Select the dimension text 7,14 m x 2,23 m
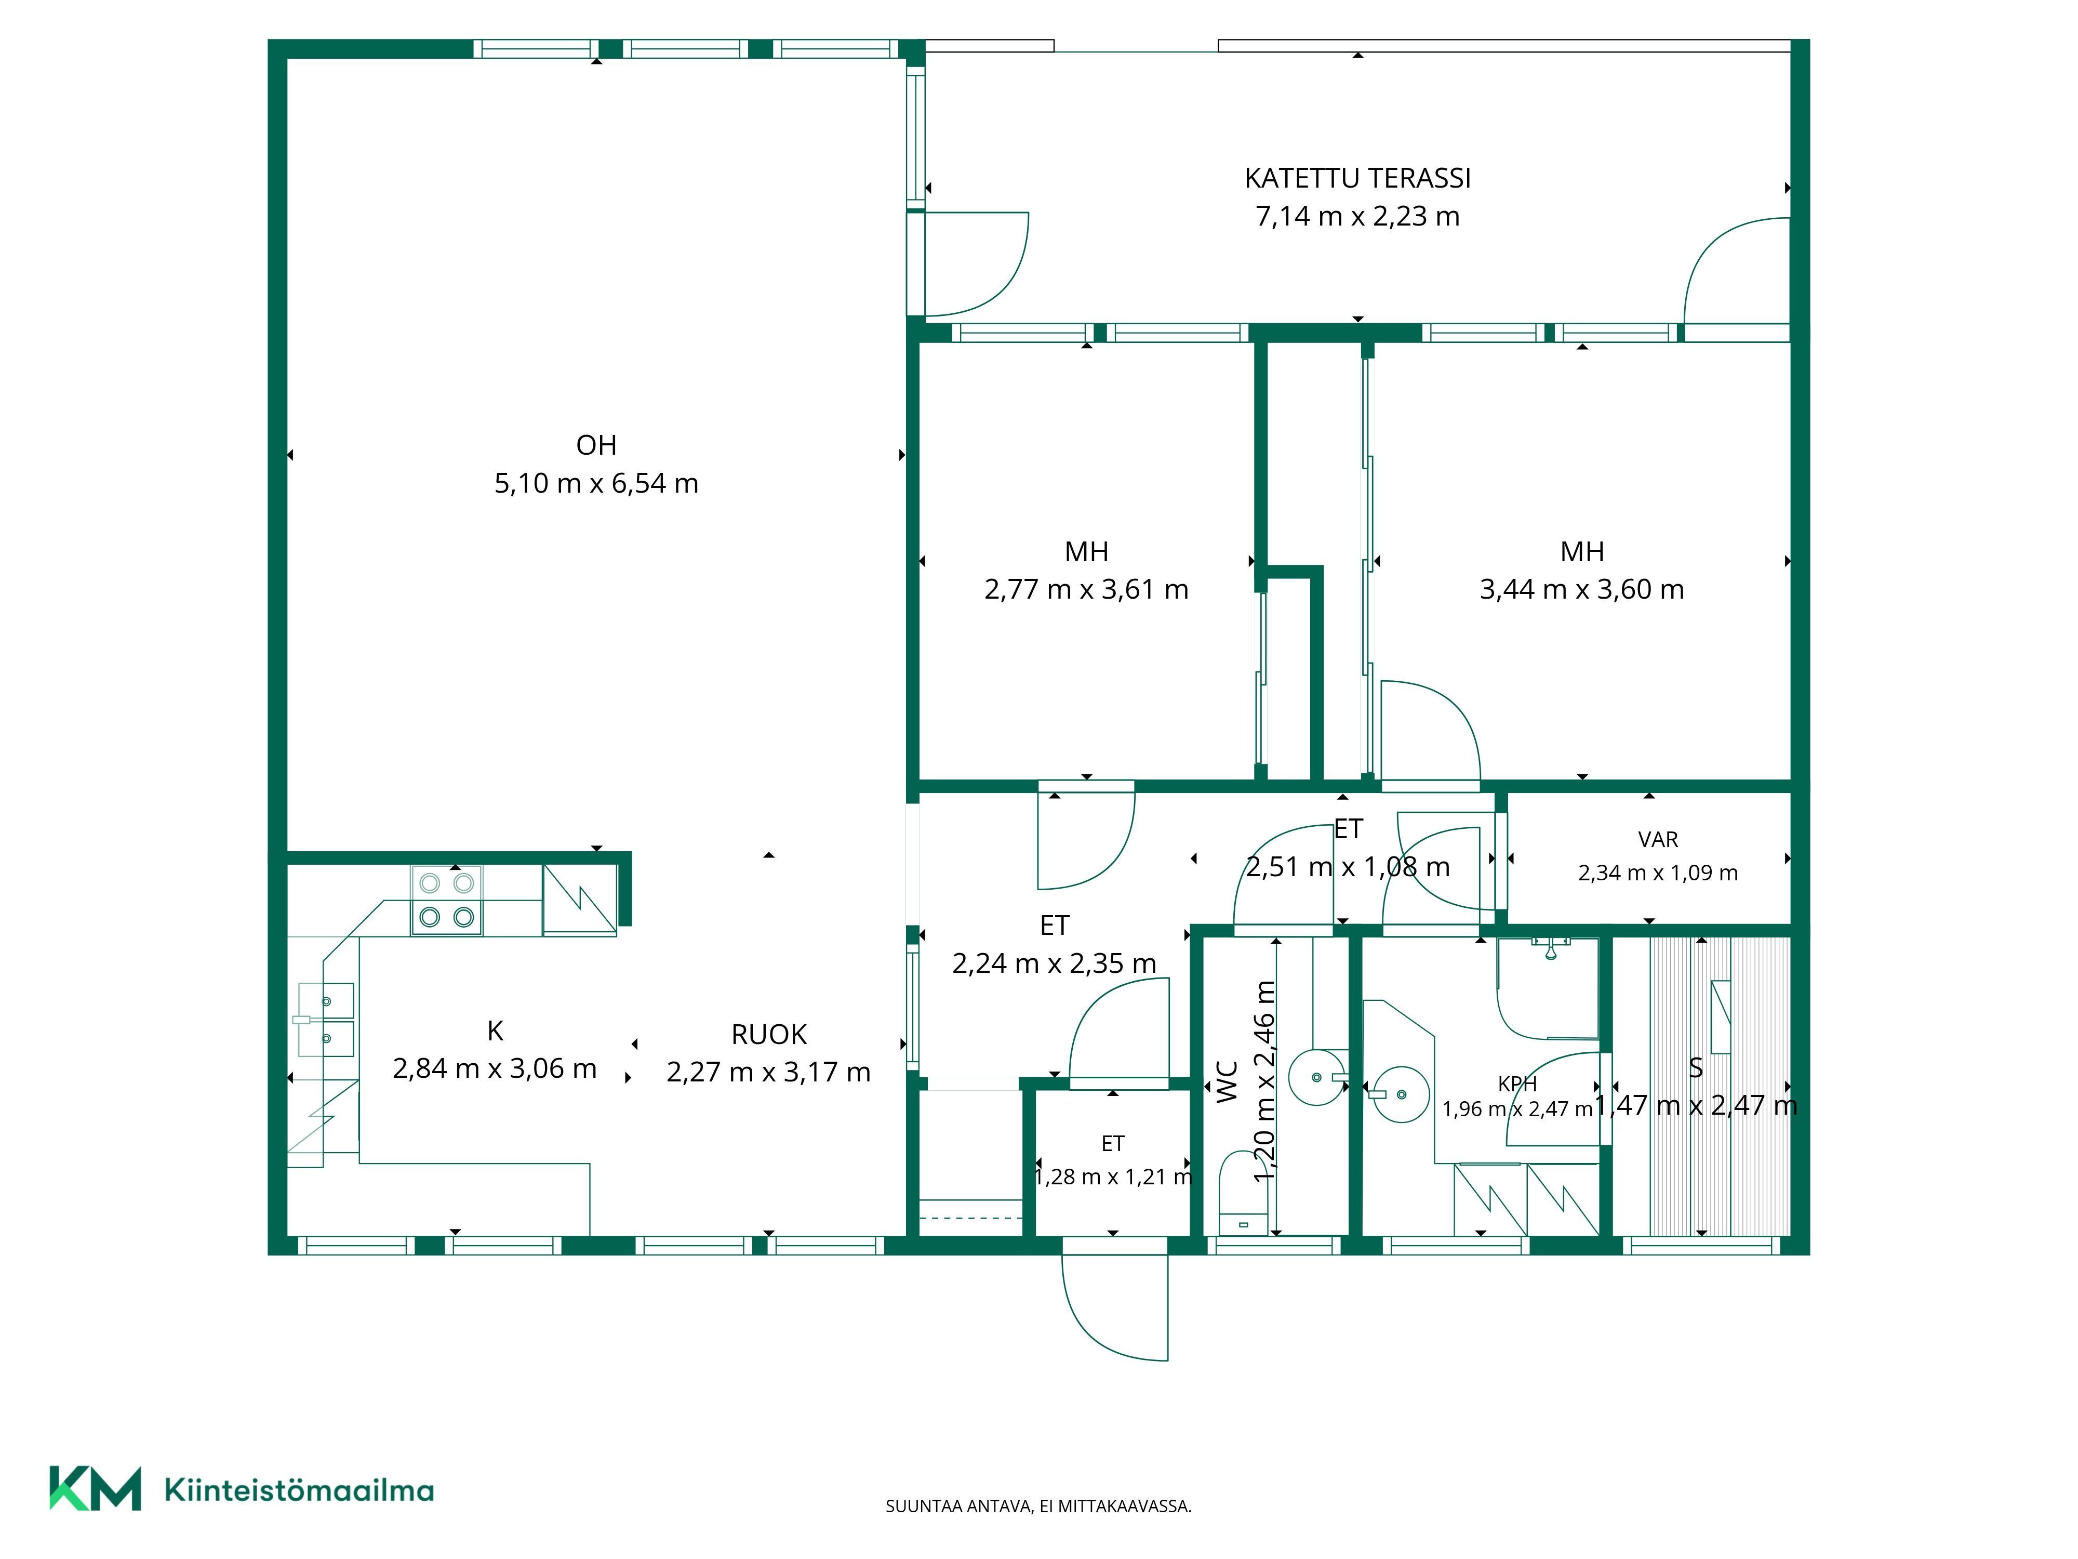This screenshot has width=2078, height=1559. pos(1357,216)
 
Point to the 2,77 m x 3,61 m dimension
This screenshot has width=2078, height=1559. pos(1086,589)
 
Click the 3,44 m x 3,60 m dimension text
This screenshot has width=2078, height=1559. pos(1582,589)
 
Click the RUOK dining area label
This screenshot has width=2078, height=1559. pos(768,1035)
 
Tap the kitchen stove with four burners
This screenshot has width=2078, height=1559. pos(446,900)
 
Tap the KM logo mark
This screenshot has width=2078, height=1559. pos(95,1488)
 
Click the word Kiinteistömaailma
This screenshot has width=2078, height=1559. pos(299,1490)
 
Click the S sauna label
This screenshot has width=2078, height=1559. pos(1696,1067)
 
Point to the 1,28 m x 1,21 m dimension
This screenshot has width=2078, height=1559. pos(1113,1177)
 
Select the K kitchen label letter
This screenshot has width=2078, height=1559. pos(495,1031)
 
